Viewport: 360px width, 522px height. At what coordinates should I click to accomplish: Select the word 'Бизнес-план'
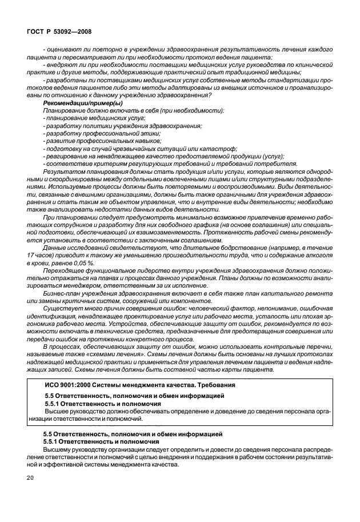61,292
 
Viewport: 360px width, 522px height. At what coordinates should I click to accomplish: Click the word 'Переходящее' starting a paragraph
65,269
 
